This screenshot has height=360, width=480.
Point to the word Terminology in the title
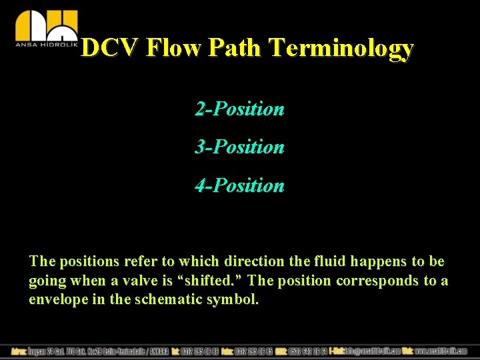(x=341, y=48)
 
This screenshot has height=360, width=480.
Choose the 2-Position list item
(x=239, y=109)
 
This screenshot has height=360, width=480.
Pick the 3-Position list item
(x=239, y=147)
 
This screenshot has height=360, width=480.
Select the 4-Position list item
(x=239, y=185)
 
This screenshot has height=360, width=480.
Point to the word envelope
(x=57, y=299)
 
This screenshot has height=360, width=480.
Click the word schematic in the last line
(x=171, y=299)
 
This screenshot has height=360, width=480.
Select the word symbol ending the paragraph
(x=235, y=299)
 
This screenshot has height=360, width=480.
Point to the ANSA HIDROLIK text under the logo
(x=46, y=45)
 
